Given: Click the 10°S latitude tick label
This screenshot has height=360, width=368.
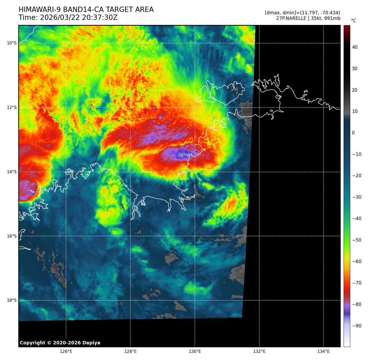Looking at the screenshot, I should pyautogui.click(x=12, y=43).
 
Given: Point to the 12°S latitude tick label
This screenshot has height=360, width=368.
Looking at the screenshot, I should pyautogui.click(x=12, y=107).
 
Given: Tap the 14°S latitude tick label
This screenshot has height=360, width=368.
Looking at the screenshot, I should pyautogui.click(x=12, y=172).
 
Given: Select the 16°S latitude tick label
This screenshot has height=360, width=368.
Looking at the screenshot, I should pyautogui.click(x=12, y=236).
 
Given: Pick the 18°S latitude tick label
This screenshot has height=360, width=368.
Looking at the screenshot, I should pyautogui.click(x=12, y=300).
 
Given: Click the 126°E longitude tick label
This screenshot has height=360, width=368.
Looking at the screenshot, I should pyautogui.click(x=66, y=352).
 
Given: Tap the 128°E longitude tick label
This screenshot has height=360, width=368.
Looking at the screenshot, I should pyautogui.click(x=130, y=352).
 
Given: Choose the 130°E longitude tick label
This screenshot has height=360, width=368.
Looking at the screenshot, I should pyautogui.click(x=195, y=352).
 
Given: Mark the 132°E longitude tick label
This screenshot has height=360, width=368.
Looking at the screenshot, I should pyautogui.click(x=259, y=352).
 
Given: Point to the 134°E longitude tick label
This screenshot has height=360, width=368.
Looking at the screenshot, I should pyautogui.click(x=323, y=352).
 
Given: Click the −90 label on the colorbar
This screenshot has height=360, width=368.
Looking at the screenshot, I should pyautogui.click(x=357, y=326).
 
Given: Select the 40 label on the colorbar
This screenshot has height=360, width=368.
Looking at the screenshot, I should pyautogui.click(x=355, y=47).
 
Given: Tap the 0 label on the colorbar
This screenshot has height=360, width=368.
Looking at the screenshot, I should pyautogui.click(x=353, y=133).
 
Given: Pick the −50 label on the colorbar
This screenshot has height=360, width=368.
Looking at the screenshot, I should pyautogui.click(x=357, y=240).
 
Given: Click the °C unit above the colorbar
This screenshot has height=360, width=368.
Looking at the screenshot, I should pyautogui.click(x=354, y=21).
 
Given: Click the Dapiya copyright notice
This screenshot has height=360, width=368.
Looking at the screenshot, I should pyautogui.click(x=60, y=343).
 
